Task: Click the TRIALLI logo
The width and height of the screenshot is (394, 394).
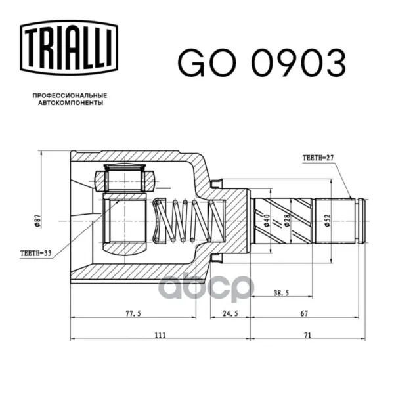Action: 69,47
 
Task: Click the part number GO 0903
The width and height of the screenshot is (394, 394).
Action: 262,63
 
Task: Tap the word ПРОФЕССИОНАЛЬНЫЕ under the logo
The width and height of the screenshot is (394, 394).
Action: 70,95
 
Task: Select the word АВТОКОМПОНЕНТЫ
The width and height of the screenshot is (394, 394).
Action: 71,103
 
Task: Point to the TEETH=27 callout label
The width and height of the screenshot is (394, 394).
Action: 318,158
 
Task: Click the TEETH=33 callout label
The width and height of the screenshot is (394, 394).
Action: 35,253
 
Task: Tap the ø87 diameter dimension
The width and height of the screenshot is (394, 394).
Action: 37,221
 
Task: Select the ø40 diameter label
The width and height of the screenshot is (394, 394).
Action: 267,221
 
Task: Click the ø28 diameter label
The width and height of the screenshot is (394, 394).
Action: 287,221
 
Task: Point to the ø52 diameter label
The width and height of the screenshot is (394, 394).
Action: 327,221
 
